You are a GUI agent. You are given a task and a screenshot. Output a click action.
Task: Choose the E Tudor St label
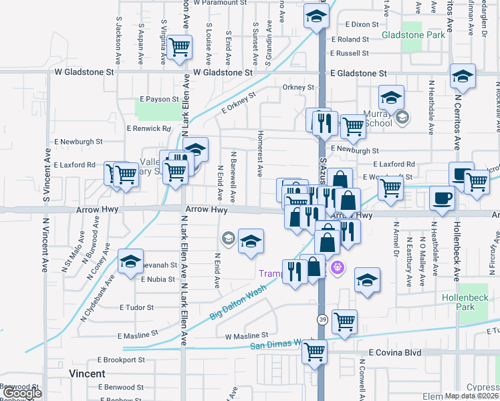pyautogui.click(x=136, y=308)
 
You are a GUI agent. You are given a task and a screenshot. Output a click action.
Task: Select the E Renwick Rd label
pyautogui.click(x=148, y=128)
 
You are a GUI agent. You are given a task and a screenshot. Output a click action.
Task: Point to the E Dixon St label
pyautogui.click(x=350, y=24)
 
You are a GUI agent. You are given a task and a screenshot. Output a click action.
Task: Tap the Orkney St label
pyautogui.click(x=297, y=87)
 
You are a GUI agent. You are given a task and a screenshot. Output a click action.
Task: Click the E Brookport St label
pyautogui.click(x=121, y=360)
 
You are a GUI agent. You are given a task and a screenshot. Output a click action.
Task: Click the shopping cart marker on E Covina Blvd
pyautogui.click(x=314, y=351)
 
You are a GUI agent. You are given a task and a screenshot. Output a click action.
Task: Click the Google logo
pyautogui.click(x=22, y=393)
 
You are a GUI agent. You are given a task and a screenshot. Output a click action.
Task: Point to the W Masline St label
pyautogui.click(x=246, y=336)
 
